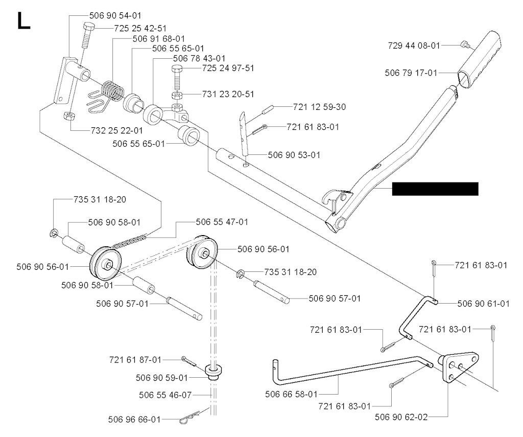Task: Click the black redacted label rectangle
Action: point(435,189)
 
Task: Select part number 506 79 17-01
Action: point(411,73)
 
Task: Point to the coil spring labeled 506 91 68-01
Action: point(112,92)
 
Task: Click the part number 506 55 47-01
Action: point(222,222)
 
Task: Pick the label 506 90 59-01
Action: point(162,378)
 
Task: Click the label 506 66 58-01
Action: point(291,394)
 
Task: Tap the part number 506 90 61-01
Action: point(483,304)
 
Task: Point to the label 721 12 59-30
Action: point(319,108)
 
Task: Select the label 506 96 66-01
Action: point(134,419)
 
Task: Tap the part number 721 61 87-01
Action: point(135,360)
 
